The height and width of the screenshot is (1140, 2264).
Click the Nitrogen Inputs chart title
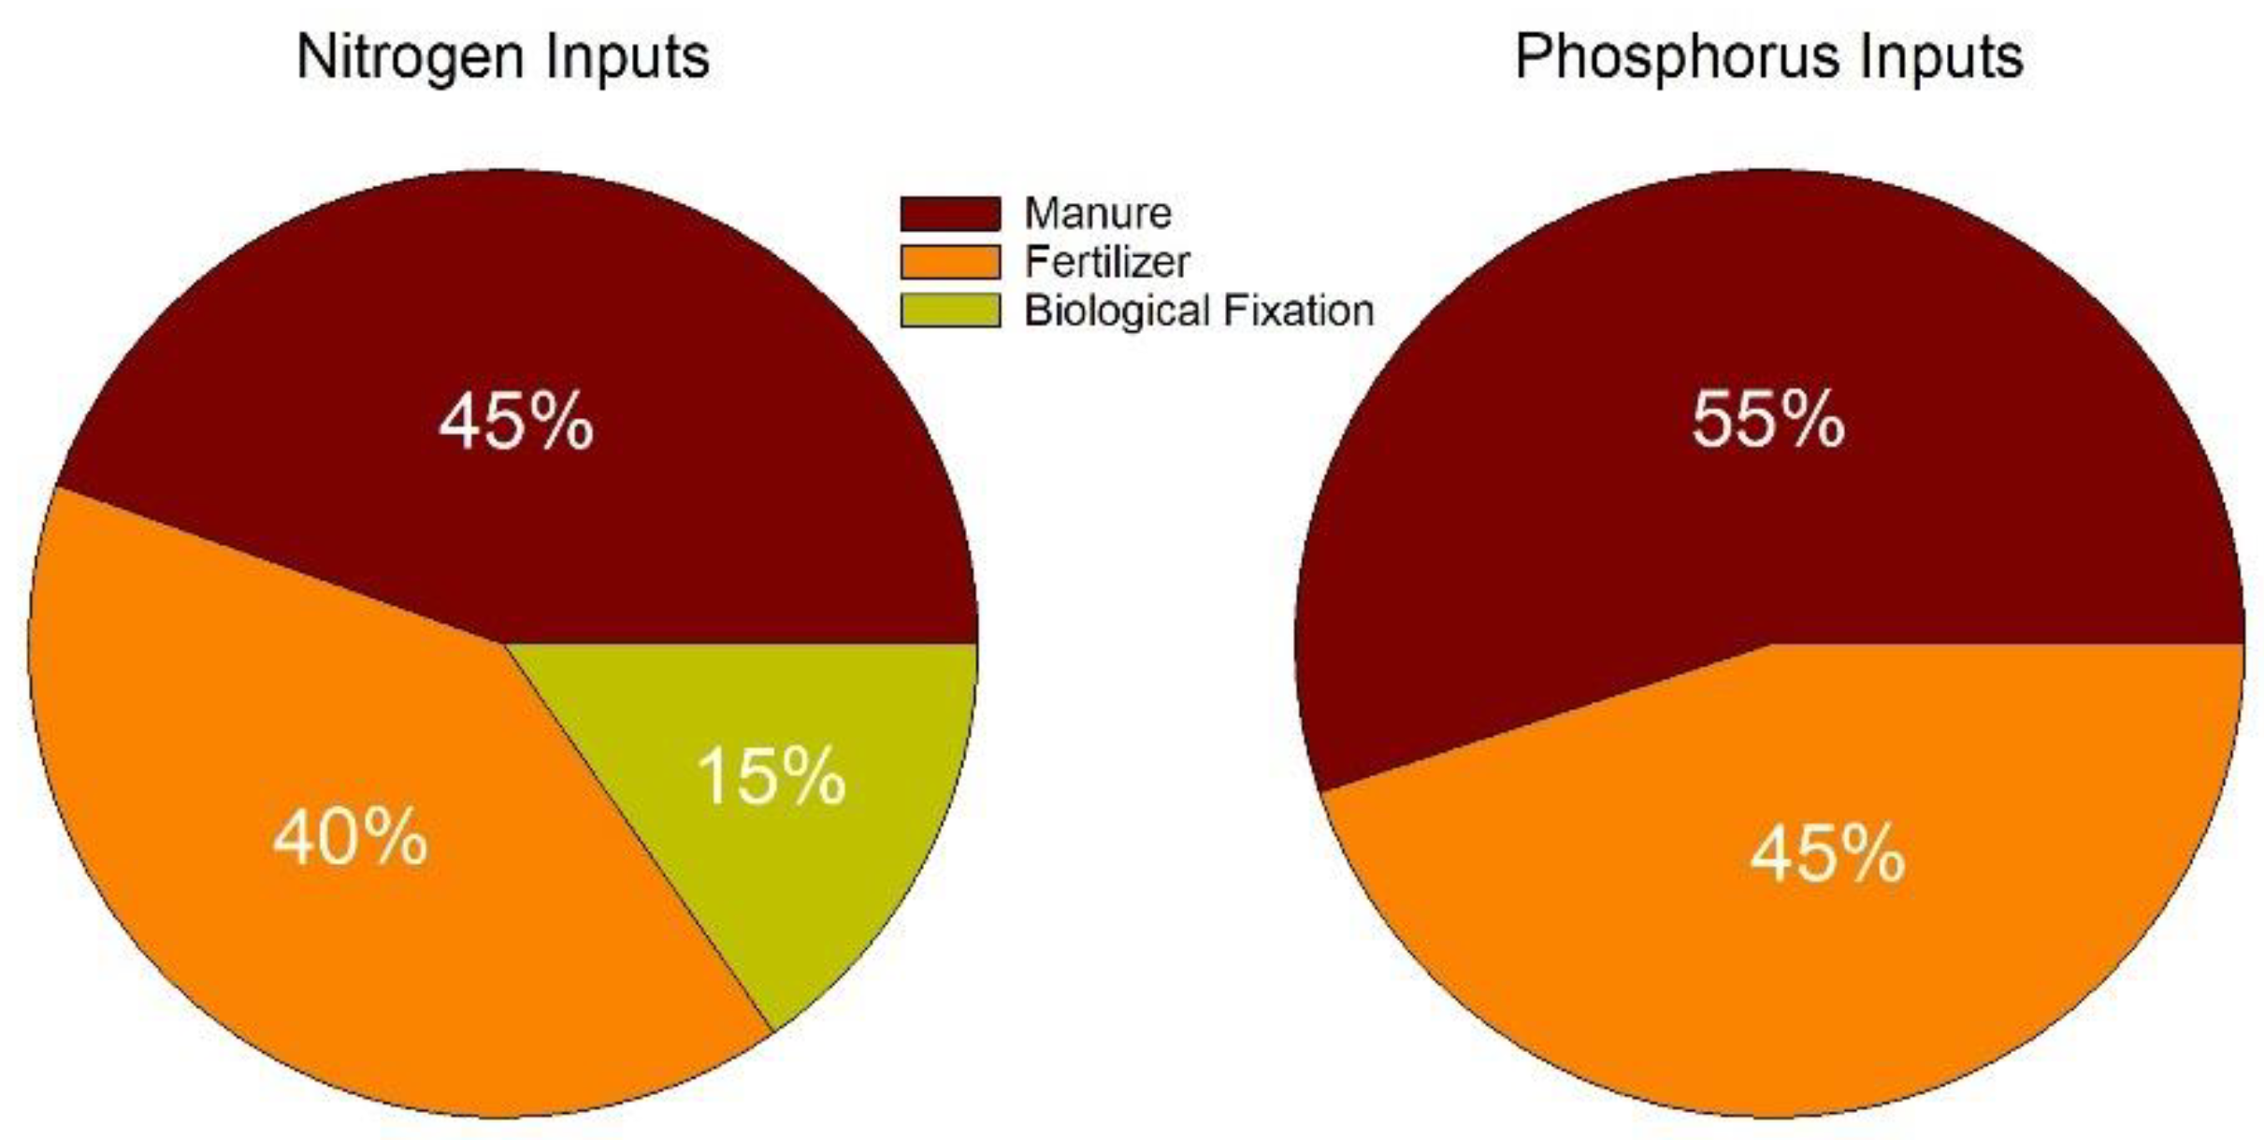[x=503, y=58]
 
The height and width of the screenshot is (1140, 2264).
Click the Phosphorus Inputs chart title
[x=1768, y=58]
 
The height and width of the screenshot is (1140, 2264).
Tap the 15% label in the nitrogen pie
[x=771, y=777]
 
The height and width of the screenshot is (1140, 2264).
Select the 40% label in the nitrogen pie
[x=351, y=838]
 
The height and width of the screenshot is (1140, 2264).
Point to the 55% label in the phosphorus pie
[x=1768, y=421]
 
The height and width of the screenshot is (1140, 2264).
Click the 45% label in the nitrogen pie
[x=516, y=424]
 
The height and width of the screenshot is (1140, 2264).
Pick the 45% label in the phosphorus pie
[x=1827, y=855]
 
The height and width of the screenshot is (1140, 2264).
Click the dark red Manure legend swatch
[x=949, y=213]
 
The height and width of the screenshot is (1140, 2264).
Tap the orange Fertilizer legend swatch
[x=949, y=262]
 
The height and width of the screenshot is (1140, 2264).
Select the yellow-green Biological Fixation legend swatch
[x=949, y=310]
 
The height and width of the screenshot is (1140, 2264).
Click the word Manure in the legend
[x=1098, y=213]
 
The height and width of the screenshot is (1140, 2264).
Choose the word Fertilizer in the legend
[x=1107, y=262]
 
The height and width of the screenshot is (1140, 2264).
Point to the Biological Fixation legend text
[x=1199, y=310]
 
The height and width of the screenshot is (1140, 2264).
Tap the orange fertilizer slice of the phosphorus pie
[x=1777, y=982]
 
